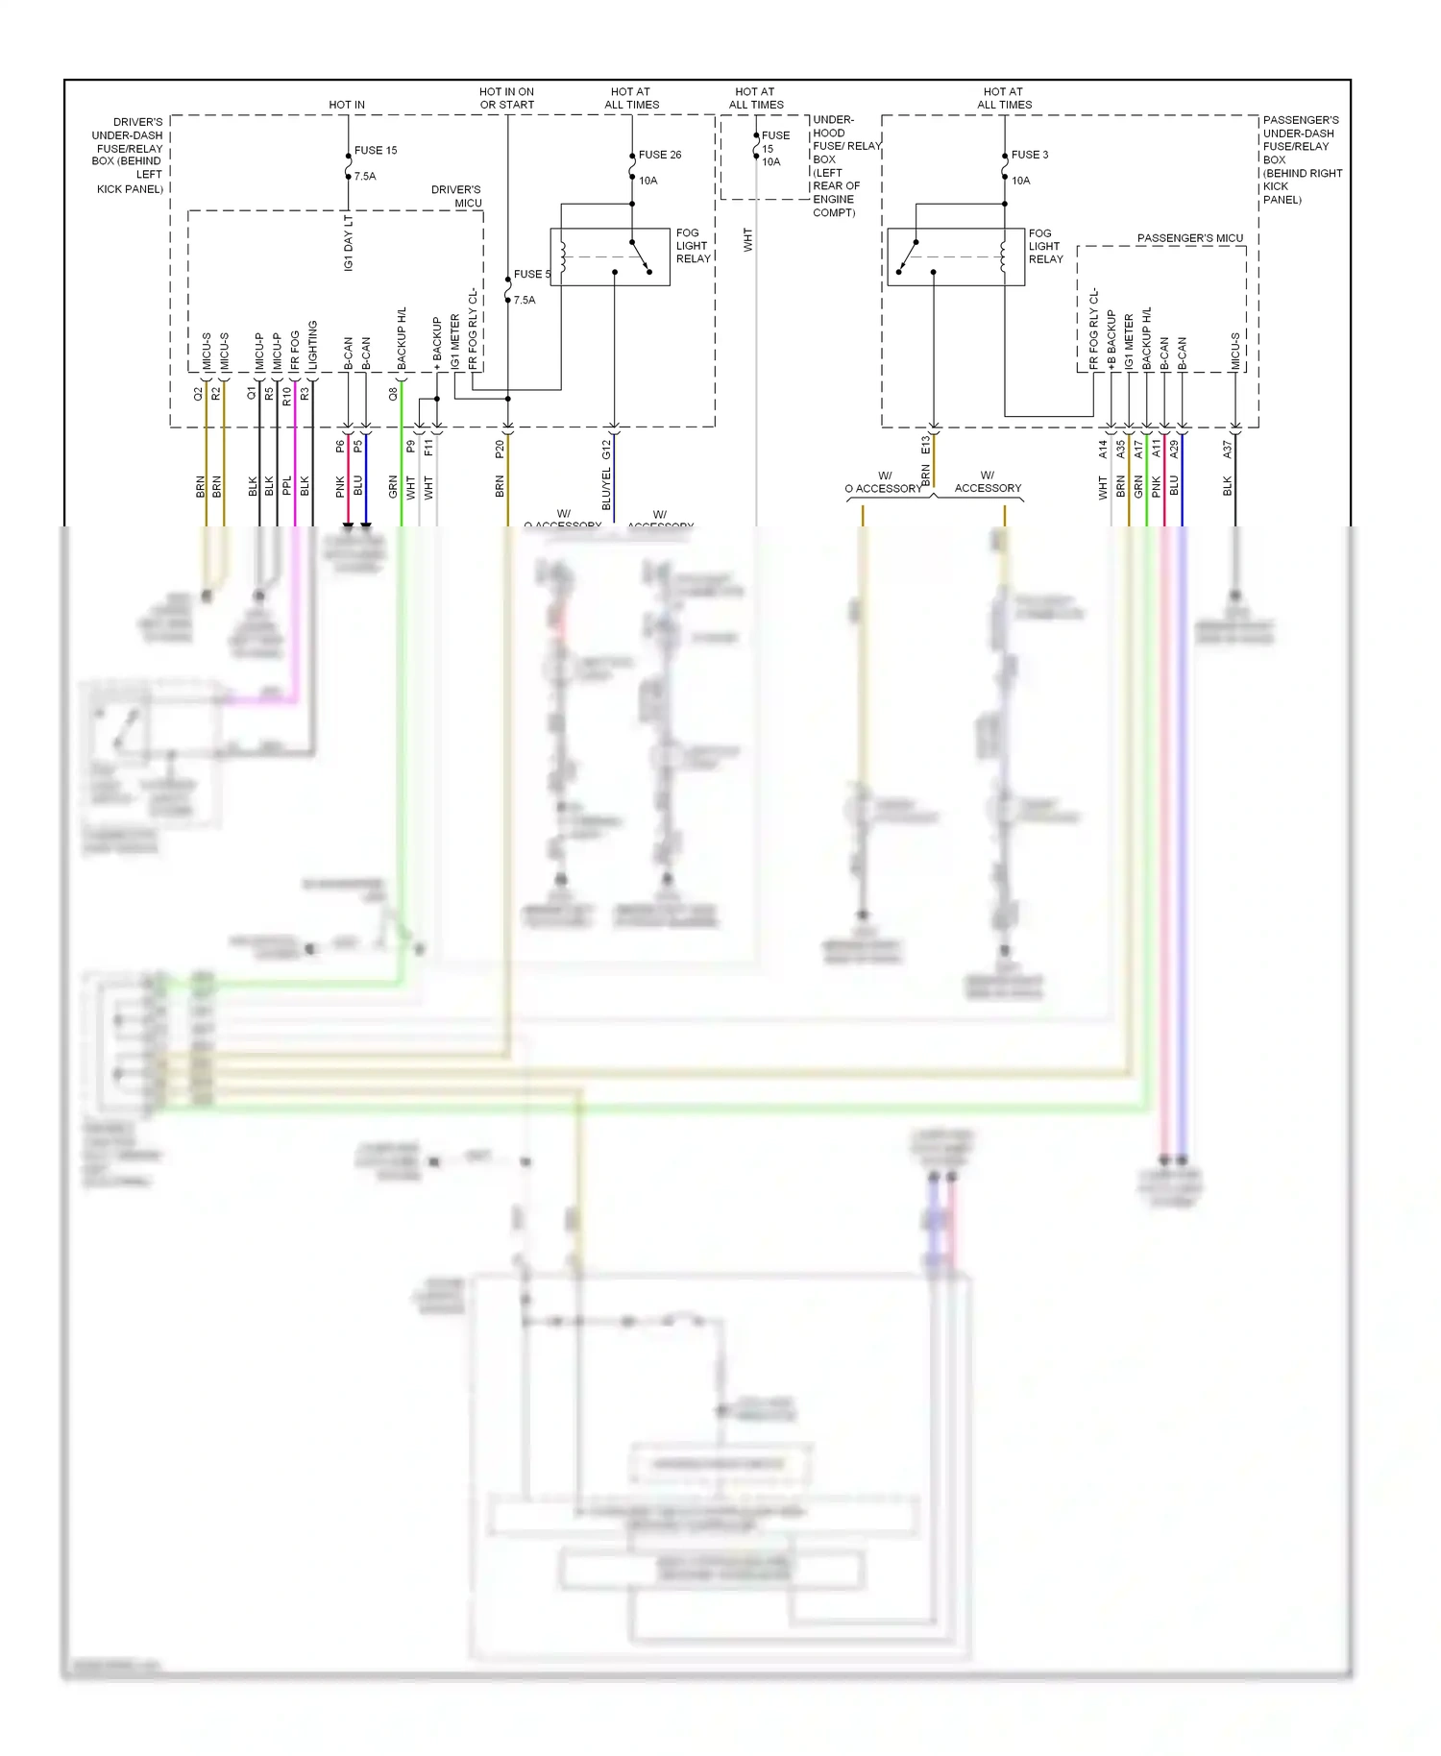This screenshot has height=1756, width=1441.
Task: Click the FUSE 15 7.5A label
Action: coord(374,162)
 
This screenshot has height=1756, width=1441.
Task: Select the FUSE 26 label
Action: coord(659,155)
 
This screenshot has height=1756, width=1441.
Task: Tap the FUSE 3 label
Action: coord(1029,155)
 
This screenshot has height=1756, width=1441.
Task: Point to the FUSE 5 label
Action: coord(531,275)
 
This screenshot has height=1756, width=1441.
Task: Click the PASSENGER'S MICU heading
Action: coord(1189,238)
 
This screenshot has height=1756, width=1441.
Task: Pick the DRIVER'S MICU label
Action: coord(458,196)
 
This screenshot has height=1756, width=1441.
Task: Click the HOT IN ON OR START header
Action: coord(506,98)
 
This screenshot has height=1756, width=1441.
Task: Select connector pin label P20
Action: coord(500,449)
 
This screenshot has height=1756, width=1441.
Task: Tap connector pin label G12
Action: coord(606,449)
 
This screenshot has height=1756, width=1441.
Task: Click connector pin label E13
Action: coord(925,445)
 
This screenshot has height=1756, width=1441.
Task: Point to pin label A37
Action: coord(1227,449)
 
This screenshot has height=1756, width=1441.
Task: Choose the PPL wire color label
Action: coord(286,486)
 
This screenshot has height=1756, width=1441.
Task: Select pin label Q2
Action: coord(199,394)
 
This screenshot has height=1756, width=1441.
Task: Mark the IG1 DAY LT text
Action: coord(349,242)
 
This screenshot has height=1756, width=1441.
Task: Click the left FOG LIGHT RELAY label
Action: coord(693,246)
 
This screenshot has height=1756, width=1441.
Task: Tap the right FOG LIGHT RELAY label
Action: coord(1045,246)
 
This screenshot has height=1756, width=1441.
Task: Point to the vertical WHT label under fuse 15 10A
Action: coord(747,240)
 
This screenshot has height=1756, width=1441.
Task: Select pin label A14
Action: coord(1103,449)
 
